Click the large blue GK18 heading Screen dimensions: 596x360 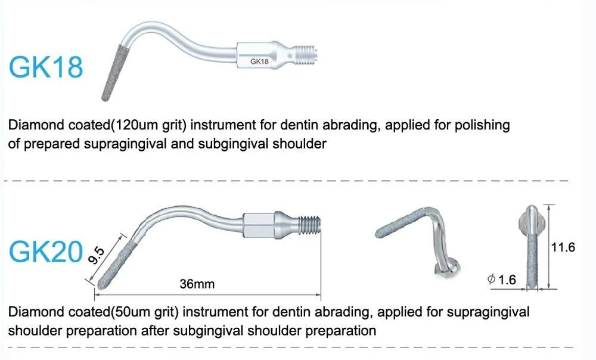point(45,67)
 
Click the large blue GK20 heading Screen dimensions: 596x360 point(45,253)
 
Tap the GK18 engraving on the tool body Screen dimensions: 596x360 point(259,61)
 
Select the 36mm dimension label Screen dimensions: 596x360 point(197,284)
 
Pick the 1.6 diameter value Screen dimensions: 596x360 point(507,280)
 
